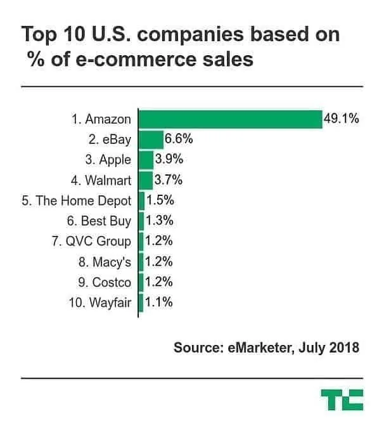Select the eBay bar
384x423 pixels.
[x=151, y=140]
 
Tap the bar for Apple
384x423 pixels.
[x=145, y=160]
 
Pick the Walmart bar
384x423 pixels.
[x=145, y=180]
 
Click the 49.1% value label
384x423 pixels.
[x=341, y=119]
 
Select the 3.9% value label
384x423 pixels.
[x=169, y=160]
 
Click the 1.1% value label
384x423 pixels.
[x=158, y=303]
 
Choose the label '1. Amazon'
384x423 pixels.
[x=101, y=119]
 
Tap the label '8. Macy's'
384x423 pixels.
[x=101, y=262]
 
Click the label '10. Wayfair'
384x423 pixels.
[x=99, y=303]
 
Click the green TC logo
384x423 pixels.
[x=342, y=401]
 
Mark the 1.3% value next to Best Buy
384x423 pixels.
[x=160, y=221]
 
